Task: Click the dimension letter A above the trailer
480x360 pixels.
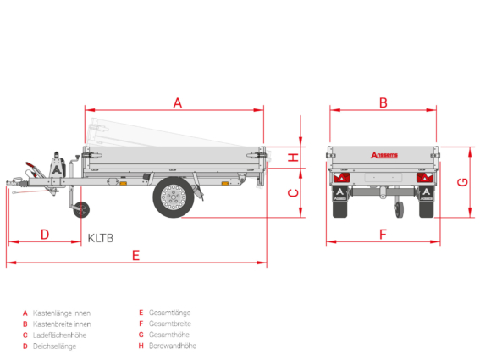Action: pyautogui.click(x=178, y=103)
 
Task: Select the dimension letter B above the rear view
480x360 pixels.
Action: pyautogui.click(x=383, y=103)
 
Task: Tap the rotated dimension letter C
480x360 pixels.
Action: pyautogui.click(x=293, y=193)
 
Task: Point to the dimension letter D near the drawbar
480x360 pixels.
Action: pyautogui.click(x=45, y=235)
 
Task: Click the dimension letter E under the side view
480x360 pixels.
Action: pyautogui.click(x=135, y=255)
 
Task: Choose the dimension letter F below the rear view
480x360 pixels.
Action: pyautogui.click(x=383, y=235)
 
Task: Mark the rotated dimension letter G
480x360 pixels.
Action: pyautogui.click(x=462, y=182)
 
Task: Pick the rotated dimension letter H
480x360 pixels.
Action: pyautogui.click(x=293, y=158)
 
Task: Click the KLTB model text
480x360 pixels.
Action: pyautogui.click(x=101, y=238)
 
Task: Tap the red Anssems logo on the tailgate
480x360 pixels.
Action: pyautogui.click(x=384, y=155)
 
